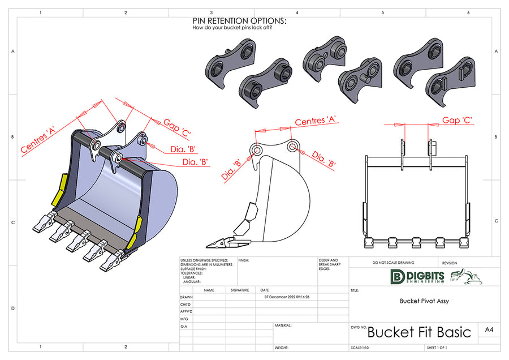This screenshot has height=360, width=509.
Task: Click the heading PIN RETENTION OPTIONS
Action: click(x=239, y=21)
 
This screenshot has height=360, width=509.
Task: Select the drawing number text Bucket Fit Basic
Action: click(x=419, y=332)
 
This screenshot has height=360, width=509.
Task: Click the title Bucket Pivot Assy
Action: click(x=424, y=301)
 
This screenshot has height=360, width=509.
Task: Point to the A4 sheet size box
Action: click(x=489, y=330)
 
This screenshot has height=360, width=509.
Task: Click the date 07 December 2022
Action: click(x=287, y=297)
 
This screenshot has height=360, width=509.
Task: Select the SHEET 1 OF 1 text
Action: click(x=441, y=348)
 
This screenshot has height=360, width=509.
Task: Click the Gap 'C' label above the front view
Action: click(x=457, y=120)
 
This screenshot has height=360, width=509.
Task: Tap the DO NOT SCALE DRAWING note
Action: click(x=393, y=263)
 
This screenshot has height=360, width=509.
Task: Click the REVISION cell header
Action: click(x=450, y=263)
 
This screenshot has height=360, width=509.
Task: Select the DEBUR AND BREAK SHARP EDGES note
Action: click(x=329, y=264)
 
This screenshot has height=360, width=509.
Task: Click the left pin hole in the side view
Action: click(x=257, y=150)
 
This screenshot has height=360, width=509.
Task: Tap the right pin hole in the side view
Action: click(x=292, y=147)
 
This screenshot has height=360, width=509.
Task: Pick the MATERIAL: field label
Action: click(x=283, y=325)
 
